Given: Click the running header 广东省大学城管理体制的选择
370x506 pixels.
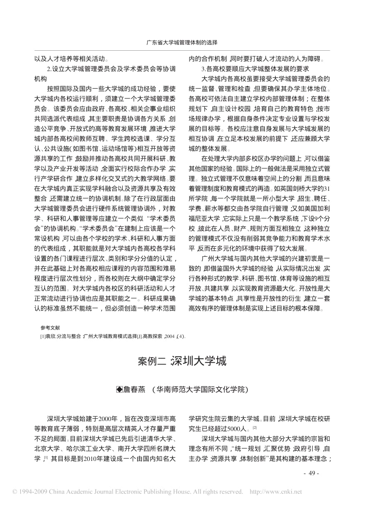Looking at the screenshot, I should coord(185,42).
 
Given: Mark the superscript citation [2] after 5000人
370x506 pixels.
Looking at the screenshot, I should coord(255,427).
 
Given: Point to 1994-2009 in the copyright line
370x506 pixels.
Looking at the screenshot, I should coord(29,492).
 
